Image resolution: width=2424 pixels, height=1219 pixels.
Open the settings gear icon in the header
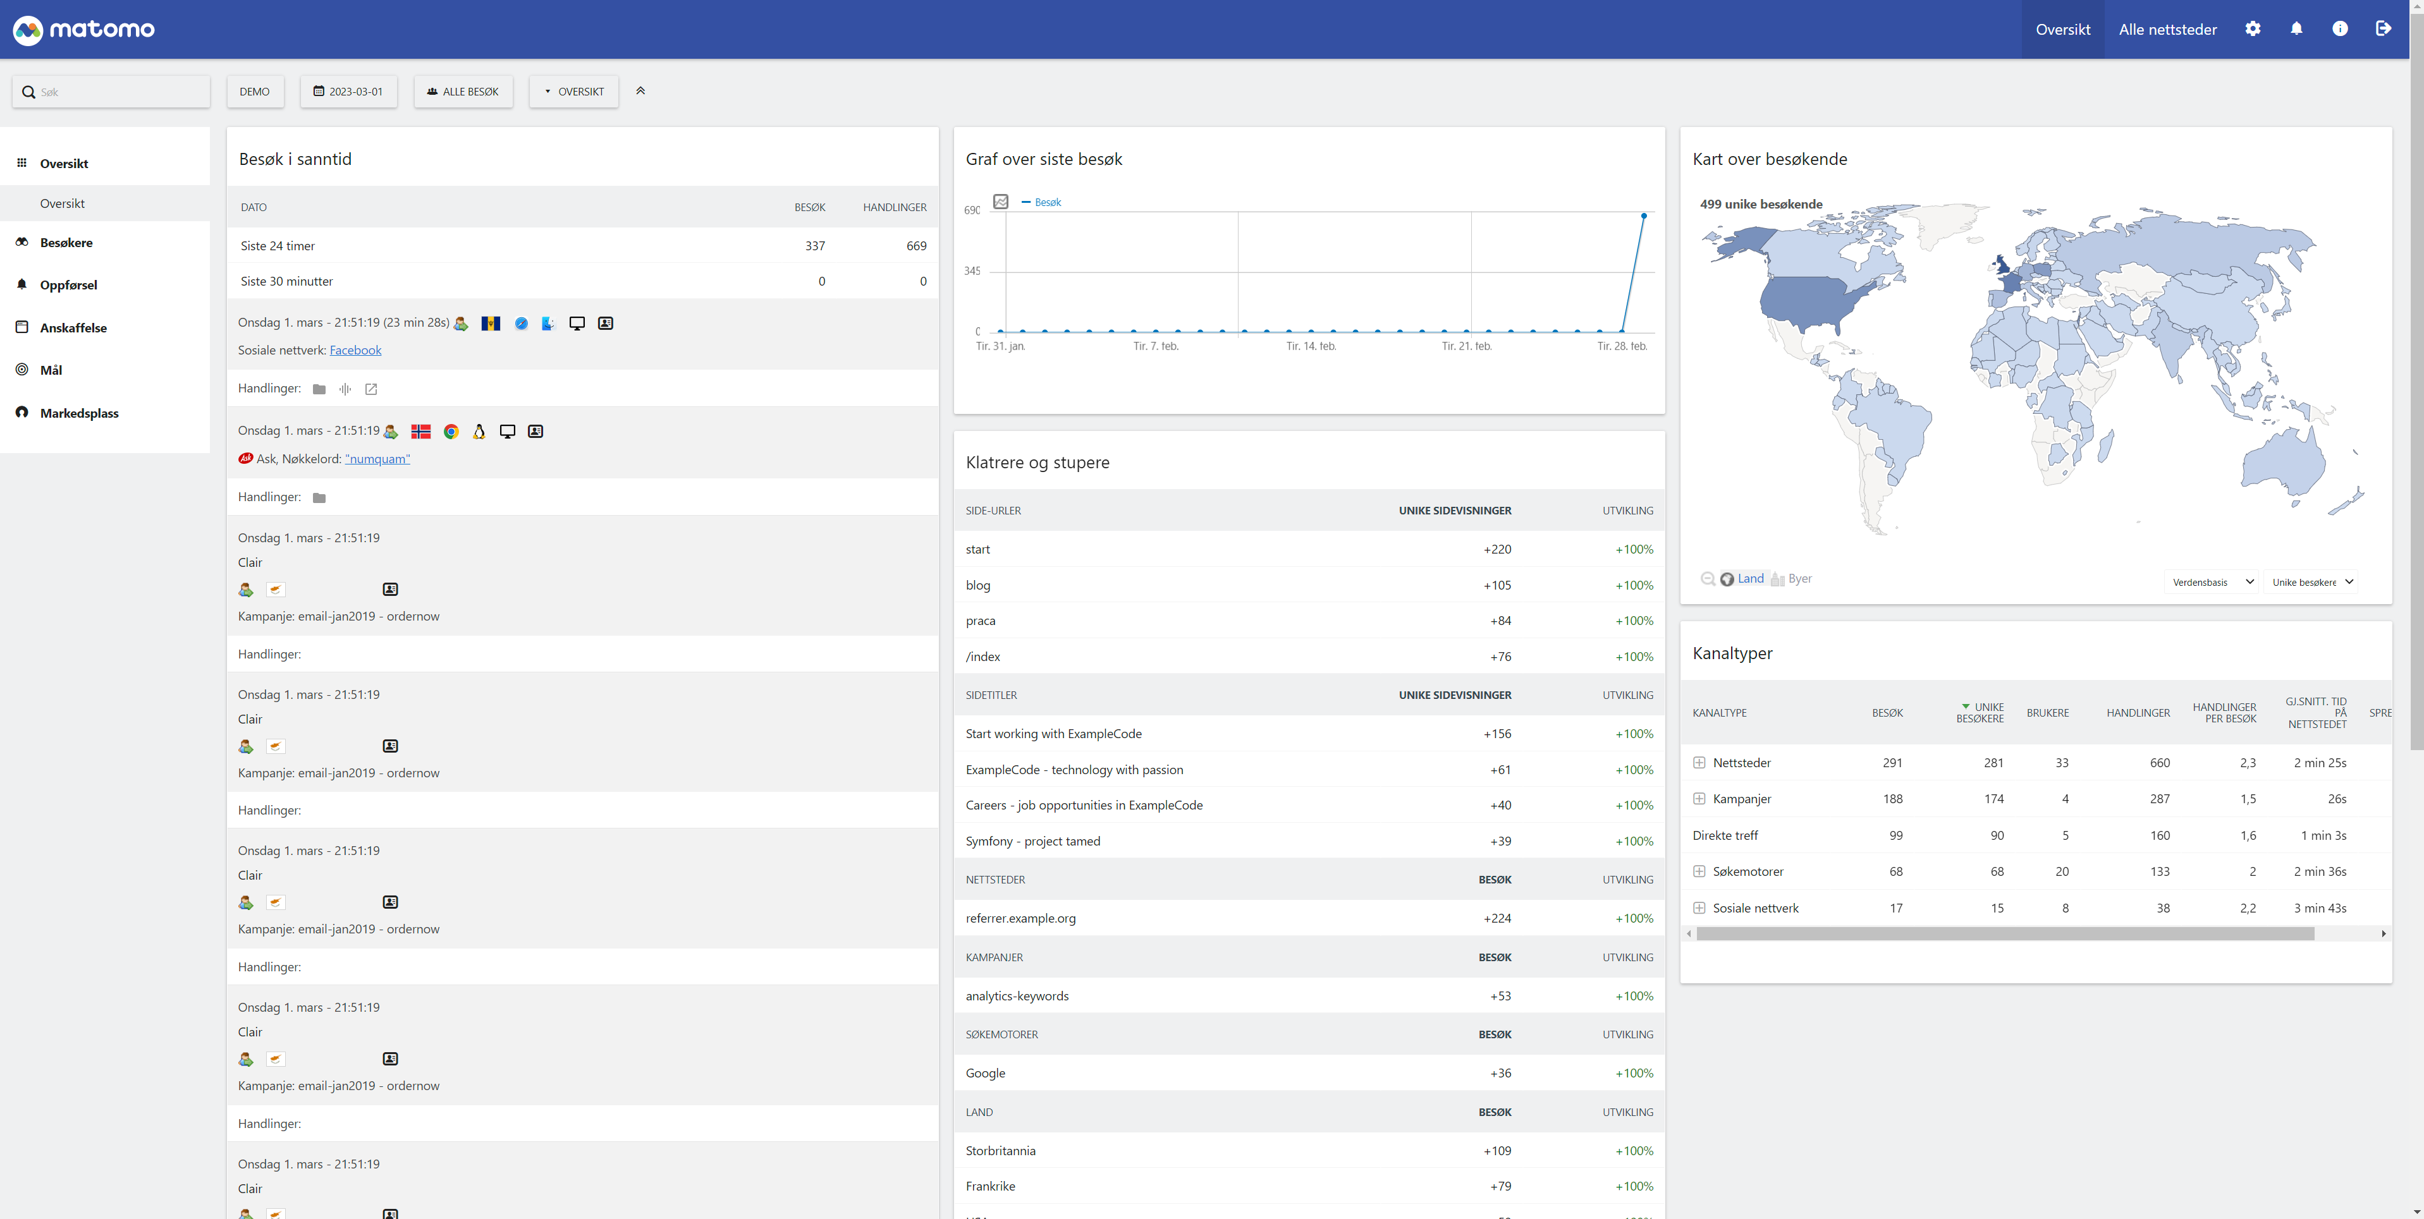(2253, 29)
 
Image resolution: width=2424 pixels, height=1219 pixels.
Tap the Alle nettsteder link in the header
(2167, 29)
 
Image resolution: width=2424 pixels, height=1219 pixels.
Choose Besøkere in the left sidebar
(66, 243)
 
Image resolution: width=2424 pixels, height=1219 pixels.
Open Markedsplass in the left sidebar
(79, 413)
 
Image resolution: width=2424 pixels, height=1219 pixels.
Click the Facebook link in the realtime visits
(355, 350)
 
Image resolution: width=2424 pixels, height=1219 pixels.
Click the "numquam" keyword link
(377, 459)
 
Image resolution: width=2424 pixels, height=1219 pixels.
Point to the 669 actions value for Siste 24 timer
(915, 245)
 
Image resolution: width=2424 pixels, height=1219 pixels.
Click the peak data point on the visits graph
(1644, 216)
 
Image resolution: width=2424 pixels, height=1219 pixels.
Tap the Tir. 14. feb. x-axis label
(1311, 346)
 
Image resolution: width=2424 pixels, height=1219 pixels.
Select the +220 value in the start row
(1496, 549)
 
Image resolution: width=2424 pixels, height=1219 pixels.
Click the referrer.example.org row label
(1020, 918)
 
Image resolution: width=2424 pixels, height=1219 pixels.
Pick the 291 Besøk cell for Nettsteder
(1892, 763)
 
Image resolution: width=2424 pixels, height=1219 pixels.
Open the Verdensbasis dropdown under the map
(2212, 582)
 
